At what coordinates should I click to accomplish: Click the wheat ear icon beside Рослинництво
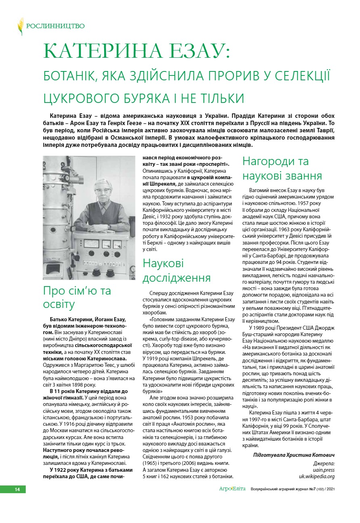(20, 26)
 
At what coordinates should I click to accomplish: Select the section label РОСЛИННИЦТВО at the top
(55, 26)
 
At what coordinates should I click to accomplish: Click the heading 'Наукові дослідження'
(177, 270)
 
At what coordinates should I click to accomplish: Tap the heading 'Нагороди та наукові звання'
(282, 168)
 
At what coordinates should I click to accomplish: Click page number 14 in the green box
(17, 489)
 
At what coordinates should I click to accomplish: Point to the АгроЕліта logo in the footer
(232, 489)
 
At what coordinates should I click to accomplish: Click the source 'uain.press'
(324, 470)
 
